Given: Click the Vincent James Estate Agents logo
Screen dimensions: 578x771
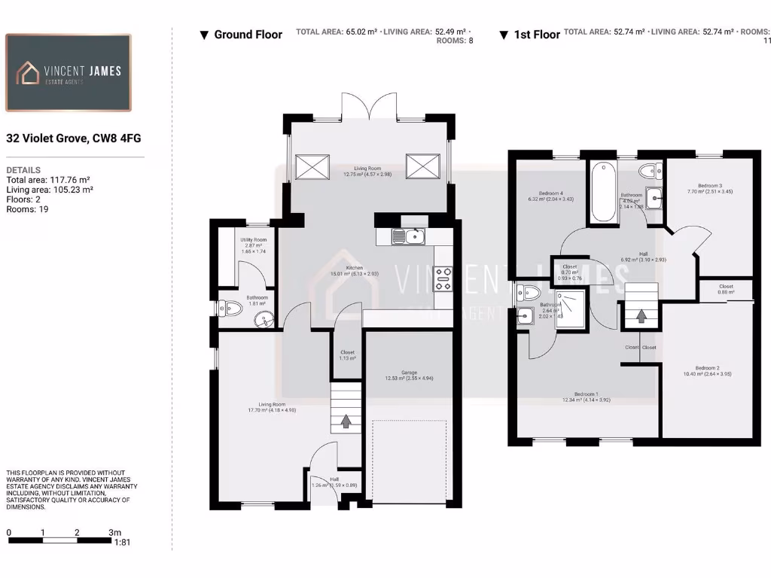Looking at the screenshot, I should tap(69, 73).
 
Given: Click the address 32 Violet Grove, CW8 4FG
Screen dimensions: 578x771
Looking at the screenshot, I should tap(74, 138).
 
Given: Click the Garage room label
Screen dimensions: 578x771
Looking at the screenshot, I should tap(409, 375).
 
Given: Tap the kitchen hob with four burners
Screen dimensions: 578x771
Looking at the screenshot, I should tap(443, 279).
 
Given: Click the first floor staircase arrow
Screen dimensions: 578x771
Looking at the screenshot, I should tap(641, 315).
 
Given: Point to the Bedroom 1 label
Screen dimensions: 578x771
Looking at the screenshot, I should tap(586, 396).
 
